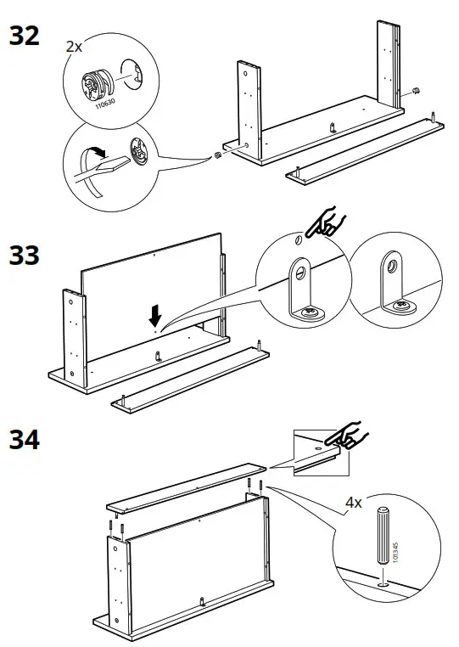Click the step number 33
coord(24,254)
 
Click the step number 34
coord(24,441)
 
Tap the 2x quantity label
coord(75,47)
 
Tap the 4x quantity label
coord(353,503)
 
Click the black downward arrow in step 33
coord(155,316)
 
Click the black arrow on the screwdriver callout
coord(99,154)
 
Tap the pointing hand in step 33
coord(323,224)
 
